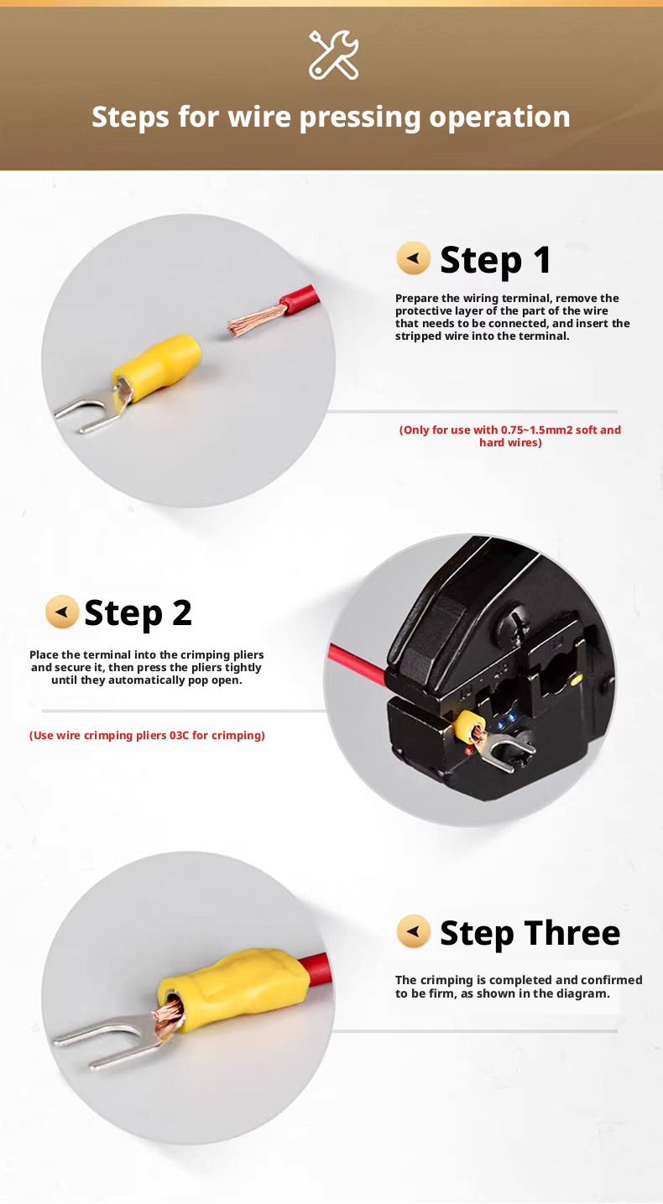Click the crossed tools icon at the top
333,55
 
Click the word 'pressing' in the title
360,117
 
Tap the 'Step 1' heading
495,260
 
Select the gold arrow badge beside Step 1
413,258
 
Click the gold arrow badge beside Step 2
62,612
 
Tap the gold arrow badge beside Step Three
413,931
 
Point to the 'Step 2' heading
138,613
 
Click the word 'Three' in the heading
572,932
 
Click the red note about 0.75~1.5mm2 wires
509,436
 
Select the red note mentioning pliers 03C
147,735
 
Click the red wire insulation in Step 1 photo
301,299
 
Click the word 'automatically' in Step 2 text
146,680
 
